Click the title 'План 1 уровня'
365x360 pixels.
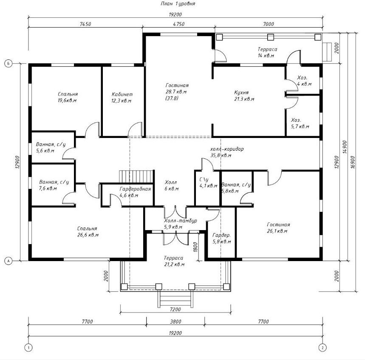point(178,4)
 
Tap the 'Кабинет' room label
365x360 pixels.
point(122,94)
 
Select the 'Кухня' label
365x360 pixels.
point(241,93)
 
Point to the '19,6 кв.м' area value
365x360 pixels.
point(67,101)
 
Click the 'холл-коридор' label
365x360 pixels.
point(227,149)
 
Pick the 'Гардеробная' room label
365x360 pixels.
point(135,189)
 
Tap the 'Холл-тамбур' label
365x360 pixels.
point(181,220)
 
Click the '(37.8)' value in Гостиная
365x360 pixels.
point(172,98)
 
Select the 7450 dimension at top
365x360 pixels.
point(85,24)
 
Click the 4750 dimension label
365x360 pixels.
point(179,24)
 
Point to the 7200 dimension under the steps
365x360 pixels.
point(175,309)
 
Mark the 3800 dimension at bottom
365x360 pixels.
point(175,322)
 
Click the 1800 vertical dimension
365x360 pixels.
point(195,247)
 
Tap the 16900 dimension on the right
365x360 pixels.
point(353,162)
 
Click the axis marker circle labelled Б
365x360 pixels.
point(8,64)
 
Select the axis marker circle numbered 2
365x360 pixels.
point(323,348)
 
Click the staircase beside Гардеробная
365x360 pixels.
point(136,177)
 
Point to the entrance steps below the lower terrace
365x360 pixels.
point(175,299)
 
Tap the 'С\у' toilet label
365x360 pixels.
point(204,180)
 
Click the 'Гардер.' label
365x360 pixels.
point(222,235)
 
